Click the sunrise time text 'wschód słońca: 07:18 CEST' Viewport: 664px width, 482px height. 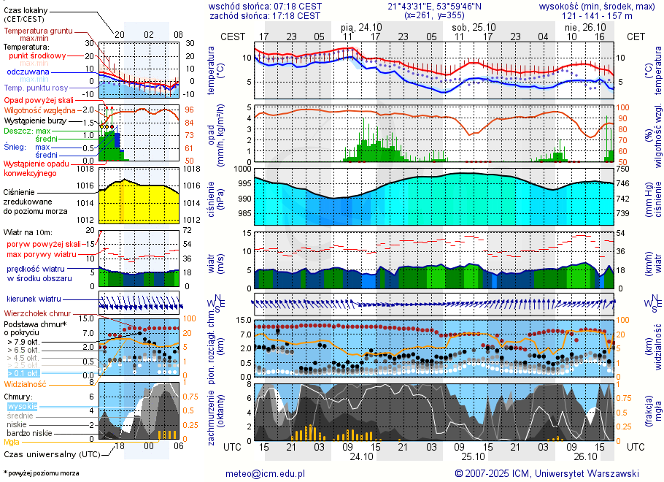pos(265,6)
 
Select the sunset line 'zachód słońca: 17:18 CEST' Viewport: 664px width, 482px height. pos(265,15)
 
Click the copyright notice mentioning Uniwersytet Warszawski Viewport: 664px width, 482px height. pos(547,473)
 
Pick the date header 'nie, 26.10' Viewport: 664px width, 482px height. pos(580,27)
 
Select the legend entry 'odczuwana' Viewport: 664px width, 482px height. pos(28,72)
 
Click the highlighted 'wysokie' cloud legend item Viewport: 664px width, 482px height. pos(22,406)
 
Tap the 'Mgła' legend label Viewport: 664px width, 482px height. pos(12,442)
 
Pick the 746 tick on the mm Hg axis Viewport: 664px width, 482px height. pos(631,183)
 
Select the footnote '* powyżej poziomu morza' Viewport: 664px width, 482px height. pos(41,473)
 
